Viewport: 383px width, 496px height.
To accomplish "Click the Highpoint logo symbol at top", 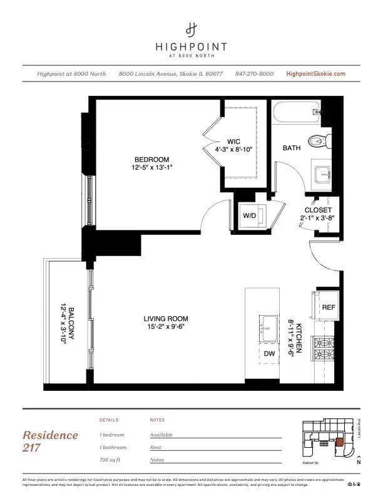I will pos(191,29).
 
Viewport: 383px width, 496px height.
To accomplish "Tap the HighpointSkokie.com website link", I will pos(315,74).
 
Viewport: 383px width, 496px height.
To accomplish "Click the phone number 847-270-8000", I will pos(254,74).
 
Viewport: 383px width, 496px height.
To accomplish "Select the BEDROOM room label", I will pos(151,160).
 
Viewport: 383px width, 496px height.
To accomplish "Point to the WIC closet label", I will pos(233,142).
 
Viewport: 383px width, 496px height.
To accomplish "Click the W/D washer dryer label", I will pos(250,215).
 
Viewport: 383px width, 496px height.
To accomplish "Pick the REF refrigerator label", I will pos(328,307).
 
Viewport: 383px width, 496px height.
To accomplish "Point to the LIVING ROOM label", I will pos(165,319).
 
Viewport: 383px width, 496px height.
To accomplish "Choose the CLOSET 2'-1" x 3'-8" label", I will pos(317,214).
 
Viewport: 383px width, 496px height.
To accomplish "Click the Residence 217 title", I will pos(51,440).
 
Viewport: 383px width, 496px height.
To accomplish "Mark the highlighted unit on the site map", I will pos(339,442).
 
